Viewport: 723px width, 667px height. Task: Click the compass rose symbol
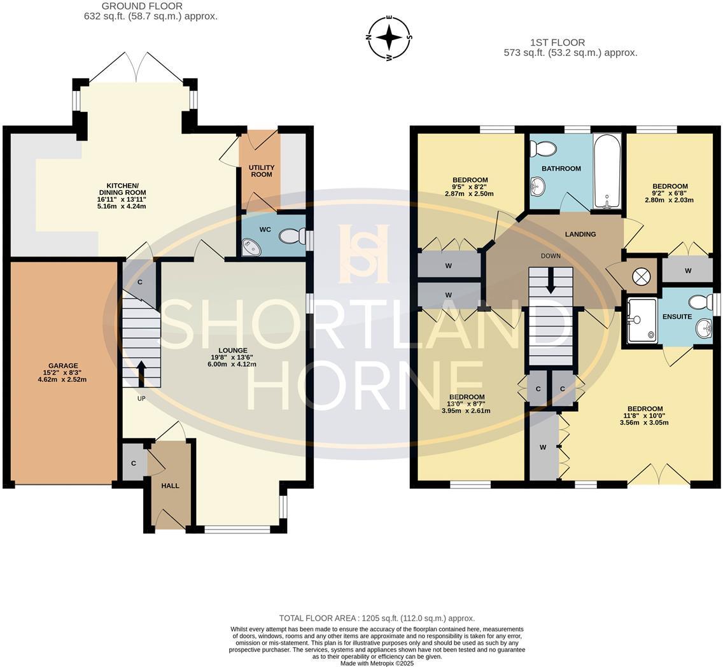(389, 38)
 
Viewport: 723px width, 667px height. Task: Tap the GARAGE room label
(62, 365)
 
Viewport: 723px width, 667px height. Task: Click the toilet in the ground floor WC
(291, 237)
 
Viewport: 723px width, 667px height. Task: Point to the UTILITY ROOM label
(261, 171)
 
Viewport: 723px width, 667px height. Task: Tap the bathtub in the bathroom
(607, 171)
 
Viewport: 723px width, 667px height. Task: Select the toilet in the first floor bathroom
(543, 148)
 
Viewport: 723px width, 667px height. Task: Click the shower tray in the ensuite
(642, 320)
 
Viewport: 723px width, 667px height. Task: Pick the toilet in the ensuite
(701, 301)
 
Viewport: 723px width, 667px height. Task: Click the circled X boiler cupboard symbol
(642, 276)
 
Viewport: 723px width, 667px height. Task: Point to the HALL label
(170, 486)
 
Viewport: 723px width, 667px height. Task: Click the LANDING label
(580, 234)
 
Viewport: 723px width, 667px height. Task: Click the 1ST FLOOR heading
(557, 43)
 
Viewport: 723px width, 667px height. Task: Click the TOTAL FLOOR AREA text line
(377, 618)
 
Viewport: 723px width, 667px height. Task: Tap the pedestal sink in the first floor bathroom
(538, 186)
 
